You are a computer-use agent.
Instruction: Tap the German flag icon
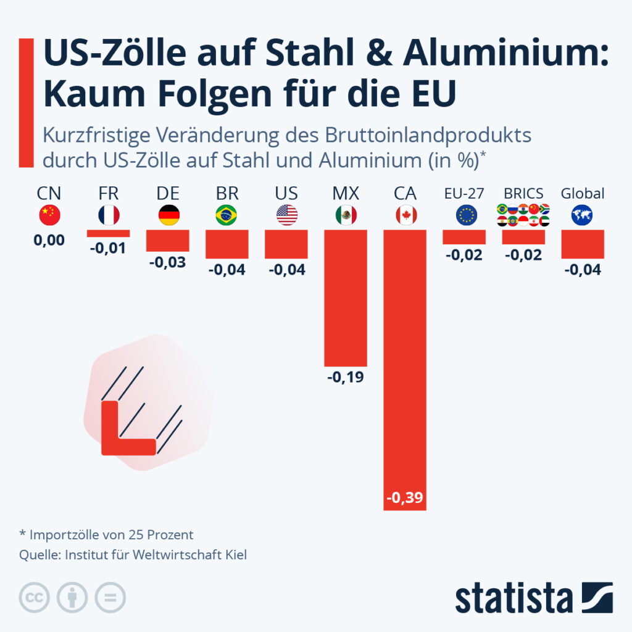(168, 215)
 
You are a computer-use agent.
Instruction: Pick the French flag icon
(109, 215)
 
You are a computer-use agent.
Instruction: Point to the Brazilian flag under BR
(227, 215)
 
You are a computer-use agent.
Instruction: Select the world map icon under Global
(582, 215)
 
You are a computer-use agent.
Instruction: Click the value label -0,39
(405, 497)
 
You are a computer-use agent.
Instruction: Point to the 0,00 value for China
(49, 239)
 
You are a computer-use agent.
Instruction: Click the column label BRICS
(523, 194)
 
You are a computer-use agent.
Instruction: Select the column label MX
(346, 194)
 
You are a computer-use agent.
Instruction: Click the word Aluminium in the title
(505, 55)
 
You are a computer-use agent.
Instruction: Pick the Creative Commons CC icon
(35, 597)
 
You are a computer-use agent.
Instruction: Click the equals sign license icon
(110, 597)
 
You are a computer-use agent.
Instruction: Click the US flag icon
(286, 215)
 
